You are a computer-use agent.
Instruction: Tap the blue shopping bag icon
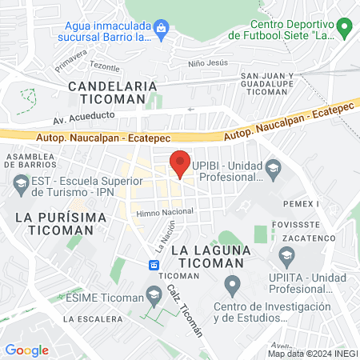coord(162,30)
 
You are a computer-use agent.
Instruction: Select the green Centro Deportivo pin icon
coord(345,30)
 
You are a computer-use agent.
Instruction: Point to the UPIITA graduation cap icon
coord(286,256)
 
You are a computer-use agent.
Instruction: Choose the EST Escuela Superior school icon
coord(21,187)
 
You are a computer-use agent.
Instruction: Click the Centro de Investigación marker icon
coord(232,284)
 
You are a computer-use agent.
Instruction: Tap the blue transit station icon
coord(153,264)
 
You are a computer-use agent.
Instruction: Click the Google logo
coord(26,350)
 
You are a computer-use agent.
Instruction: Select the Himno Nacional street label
coord(165,211)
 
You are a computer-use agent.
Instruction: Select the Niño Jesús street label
coord(208,62)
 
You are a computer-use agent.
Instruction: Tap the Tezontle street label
coord(104,68)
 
